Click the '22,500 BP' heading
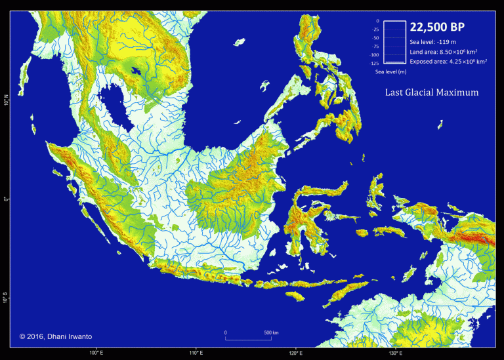coord(438,27)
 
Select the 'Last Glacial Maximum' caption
coord(431,92)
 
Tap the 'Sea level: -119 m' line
coord(433,41)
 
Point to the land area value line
coord(443,51)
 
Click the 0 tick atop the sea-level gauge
coord(377,21)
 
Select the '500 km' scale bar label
coord(271,333)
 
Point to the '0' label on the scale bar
coord(225,333)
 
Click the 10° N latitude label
coord(6,102)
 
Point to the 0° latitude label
coord(6,200)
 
